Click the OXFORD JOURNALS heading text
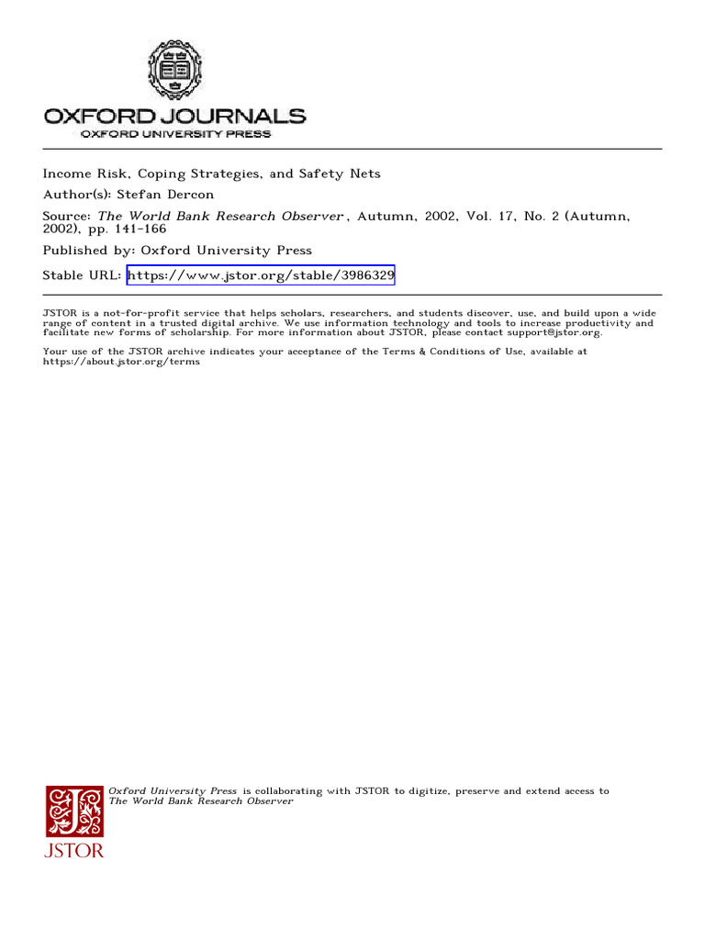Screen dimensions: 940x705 (174, 117)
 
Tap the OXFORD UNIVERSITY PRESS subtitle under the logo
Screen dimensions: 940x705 (175, 134)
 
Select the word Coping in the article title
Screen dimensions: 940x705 (137, 173)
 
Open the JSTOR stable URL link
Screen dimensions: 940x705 (261, 275)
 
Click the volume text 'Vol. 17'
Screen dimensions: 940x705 (484, 217)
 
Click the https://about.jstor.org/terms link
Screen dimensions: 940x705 (121, 362)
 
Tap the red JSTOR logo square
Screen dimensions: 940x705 (75, 811)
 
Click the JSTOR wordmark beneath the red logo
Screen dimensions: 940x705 (75, 851)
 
